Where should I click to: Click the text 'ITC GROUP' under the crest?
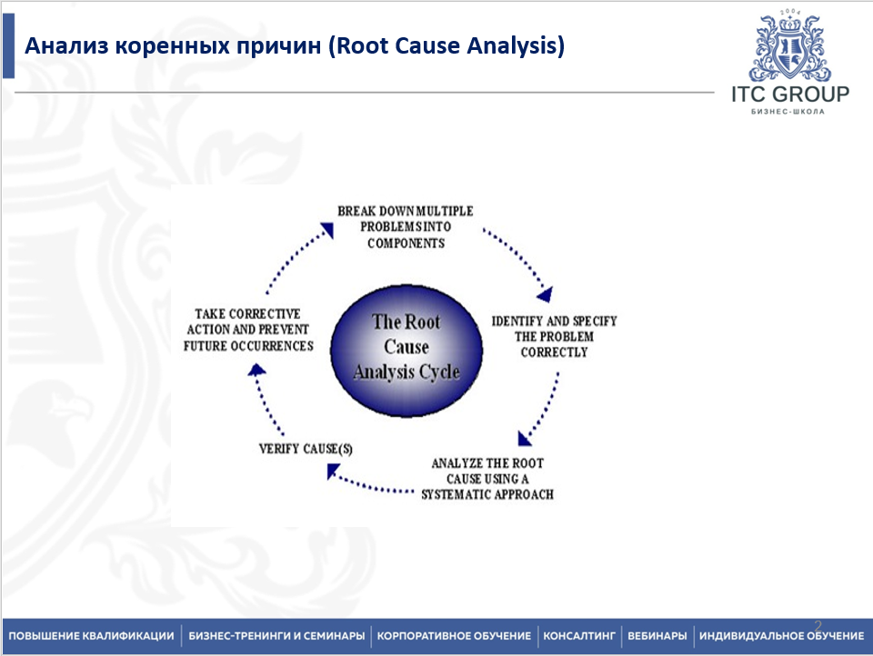(x=789, y=94)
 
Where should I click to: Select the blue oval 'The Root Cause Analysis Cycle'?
(x=406, y=347)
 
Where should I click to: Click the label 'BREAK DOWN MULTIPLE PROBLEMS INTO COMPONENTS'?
(x=406, y=227)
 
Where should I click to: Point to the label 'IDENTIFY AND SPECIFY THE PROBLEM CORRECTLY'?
(x=554, y=337)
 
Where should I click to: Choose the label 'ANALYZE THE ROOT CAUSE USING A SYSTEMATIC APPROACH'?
(x=487, y=479)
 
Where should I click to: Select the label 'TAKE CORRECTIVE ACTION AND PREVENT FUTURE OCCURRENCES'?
(x=247, y=330)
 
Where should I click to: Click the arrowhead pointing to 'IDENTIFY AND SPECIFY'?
(x=546, y=293)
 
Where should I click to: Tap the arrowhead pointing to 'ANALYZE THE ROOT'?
(x=525, y=438)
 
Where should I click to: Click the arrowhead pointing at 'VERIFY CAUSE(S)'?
(x=333, y=471)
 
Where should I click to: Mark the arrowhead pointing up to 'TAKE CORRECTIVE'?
(x=257, y=369)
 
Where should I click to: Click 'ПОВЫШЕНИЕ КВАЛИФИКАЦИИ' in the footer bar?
(x=91, y=636)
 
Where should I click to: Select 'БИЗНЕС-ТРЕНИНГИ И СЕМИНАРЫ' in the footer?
(x=277, y=636)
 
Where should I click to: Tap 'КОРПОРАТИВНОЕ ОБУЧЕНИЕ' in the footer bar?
(x=454, y=636)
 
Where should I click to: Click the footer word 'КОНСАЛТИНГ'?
(x=580, y=636)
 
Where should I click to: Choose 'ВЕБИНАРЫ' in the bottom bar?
(x=657, y=636)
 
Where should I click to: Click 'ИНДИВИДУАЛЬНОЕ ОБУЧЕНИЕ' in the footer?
(x=781, y=636)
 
